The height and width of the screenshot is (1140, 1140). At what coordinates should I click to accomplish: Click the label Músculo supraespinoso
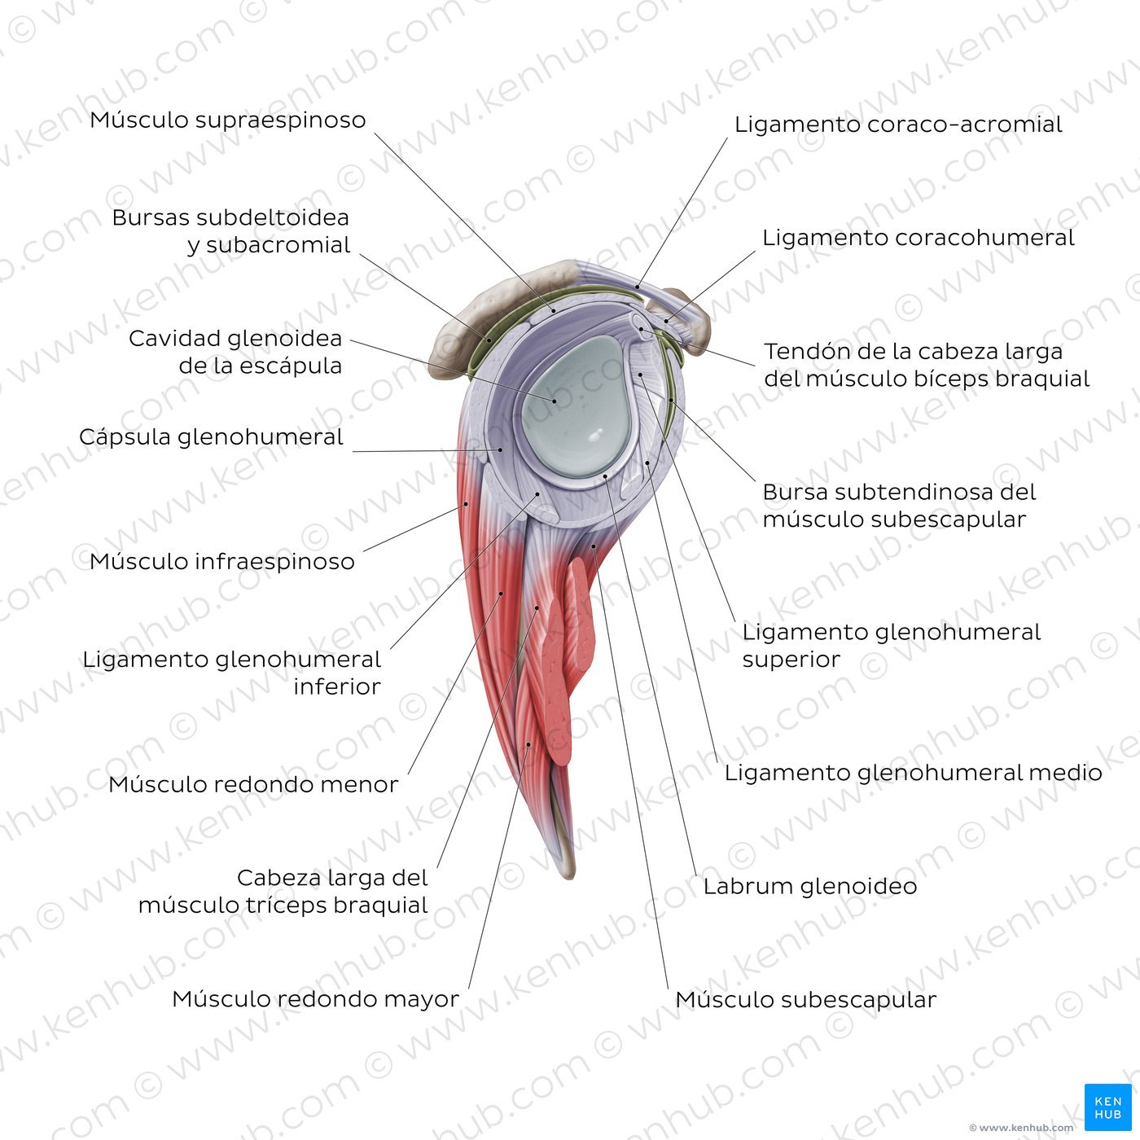click(228, 120)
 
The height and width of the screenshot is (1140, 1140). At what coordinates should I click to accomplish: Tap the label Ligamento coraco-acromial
click(898, 125)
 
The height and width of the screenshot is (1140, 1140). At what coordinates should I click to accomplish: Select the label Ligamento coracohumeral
click(919, 238)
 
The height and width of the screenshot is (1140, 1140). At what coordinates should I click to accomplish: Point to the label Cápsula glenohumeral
click(211, 437)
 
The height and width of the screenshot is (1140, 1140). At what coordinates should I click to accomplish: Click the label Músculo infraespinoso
click(221, 561)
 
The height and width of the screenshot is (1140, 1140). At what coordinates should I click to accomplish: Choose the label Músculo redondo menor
click(253, 784)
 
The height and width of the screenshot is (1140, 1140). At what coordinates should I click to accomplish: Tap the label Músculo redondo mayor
click(315, 999)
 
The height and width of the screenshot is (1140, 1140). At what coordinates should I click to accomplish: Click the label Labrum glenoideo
click(810, 886)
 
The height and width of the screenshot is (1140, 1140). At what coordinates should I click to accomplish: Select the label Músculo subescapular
click(806, 1000)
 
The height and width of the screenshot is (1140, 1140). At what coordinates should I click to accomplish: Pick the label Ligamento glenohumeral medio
click(914, 773)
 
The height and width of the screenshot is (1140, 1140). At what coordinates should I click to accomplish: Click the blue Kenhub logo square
click(1108, 1107)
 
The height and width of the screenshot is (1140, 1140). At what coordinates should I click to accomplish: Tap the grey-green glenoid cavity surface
click(574, 408)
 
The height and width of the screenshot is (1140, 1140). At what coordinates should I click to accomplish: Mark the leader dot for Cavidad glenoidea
click(555, 401)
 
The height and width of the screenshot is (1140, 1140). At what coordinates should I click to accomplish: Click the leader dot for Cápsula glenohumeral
click(501, 449)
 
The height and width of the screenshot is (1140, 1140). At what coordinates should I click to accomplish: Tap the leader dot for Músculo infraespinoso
click(466, 504)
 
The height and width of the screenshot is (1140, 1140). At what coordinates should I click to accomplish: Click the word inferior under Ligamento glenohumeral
click(337, 686)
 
